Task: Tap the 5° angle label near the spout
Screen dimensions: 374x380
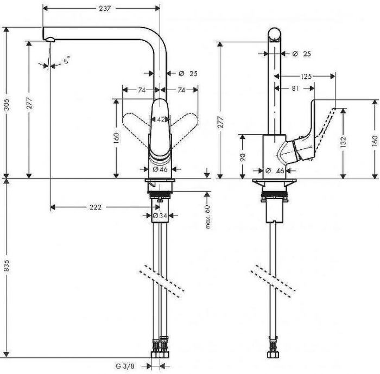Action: pyautogui.click(x=66, y=61)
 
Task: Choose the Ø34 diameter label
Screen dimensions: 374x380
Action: pyautogui.click(x=159, y=215)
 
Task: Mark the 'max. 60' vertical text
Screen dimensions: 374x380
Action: pyautogui.click(x=207, y=216)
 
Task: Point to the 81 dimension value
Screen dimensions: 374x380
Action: pyautogui.click(x=294, y=87)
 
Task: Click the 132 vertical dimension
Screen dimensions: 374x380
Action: pyautogui.click(x=344, y=142)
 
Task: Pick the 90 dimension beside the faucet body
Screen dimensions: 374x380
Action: pyautogui.click(x=243, y=157)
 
